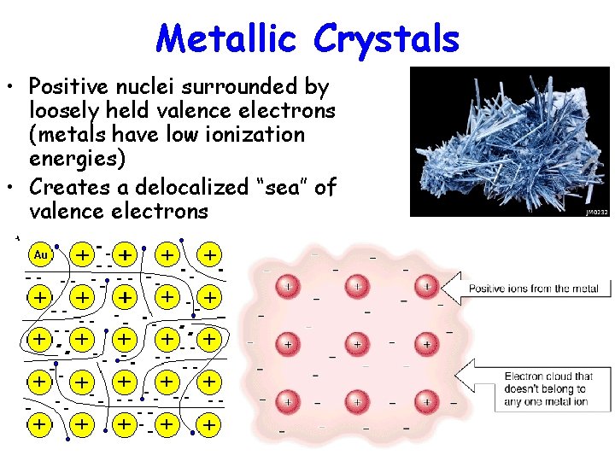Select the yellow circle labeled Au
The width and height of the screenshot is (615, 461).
[x=39, y=254]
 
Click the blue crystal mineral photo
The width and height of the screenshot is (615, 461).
[x=509, y=141]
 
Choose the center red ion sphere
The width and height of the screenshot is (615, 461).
[x=357, y=344]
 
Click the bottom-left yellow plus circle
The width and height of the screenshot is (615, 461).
[x=39, y=423]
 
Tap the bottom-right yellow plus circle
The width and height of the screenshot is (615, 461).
[x=208, y=423]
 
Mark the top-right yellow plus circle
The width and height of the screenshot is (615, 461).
[x=208, y=254]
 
